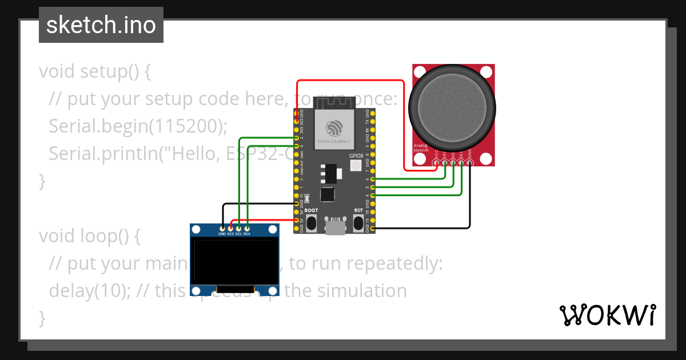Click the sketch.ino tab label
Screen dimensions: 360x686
[x=101, y=25]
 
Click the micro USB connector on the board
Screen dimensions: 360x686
[x=334, y=226]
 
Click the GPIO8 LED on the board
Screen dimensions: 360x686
[x=355, y=166]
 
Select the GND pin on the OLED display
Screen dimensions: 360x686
[x=222, y=228]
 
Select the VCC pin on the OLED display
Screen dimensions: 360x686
[x=230, y=228]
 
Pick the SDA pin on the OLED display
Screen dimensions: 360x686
[x=247, y=228]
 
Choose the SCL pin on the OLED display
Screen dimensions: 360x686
[x=238, y=228]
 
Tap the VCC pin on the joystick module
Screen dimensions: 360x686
[x=437, y=163]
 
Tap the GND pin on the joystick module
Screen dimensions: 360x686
[x=469, y=163]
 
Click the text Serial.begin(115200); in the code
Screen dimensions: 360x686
[x=138, y=126]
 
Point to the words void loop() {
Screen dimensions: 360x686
[x=89, y=235]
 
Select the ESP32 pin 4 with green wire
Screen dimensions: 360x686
[x=373, y=195]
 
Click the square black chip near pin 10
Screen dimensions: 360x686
[x=327, y=194]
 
